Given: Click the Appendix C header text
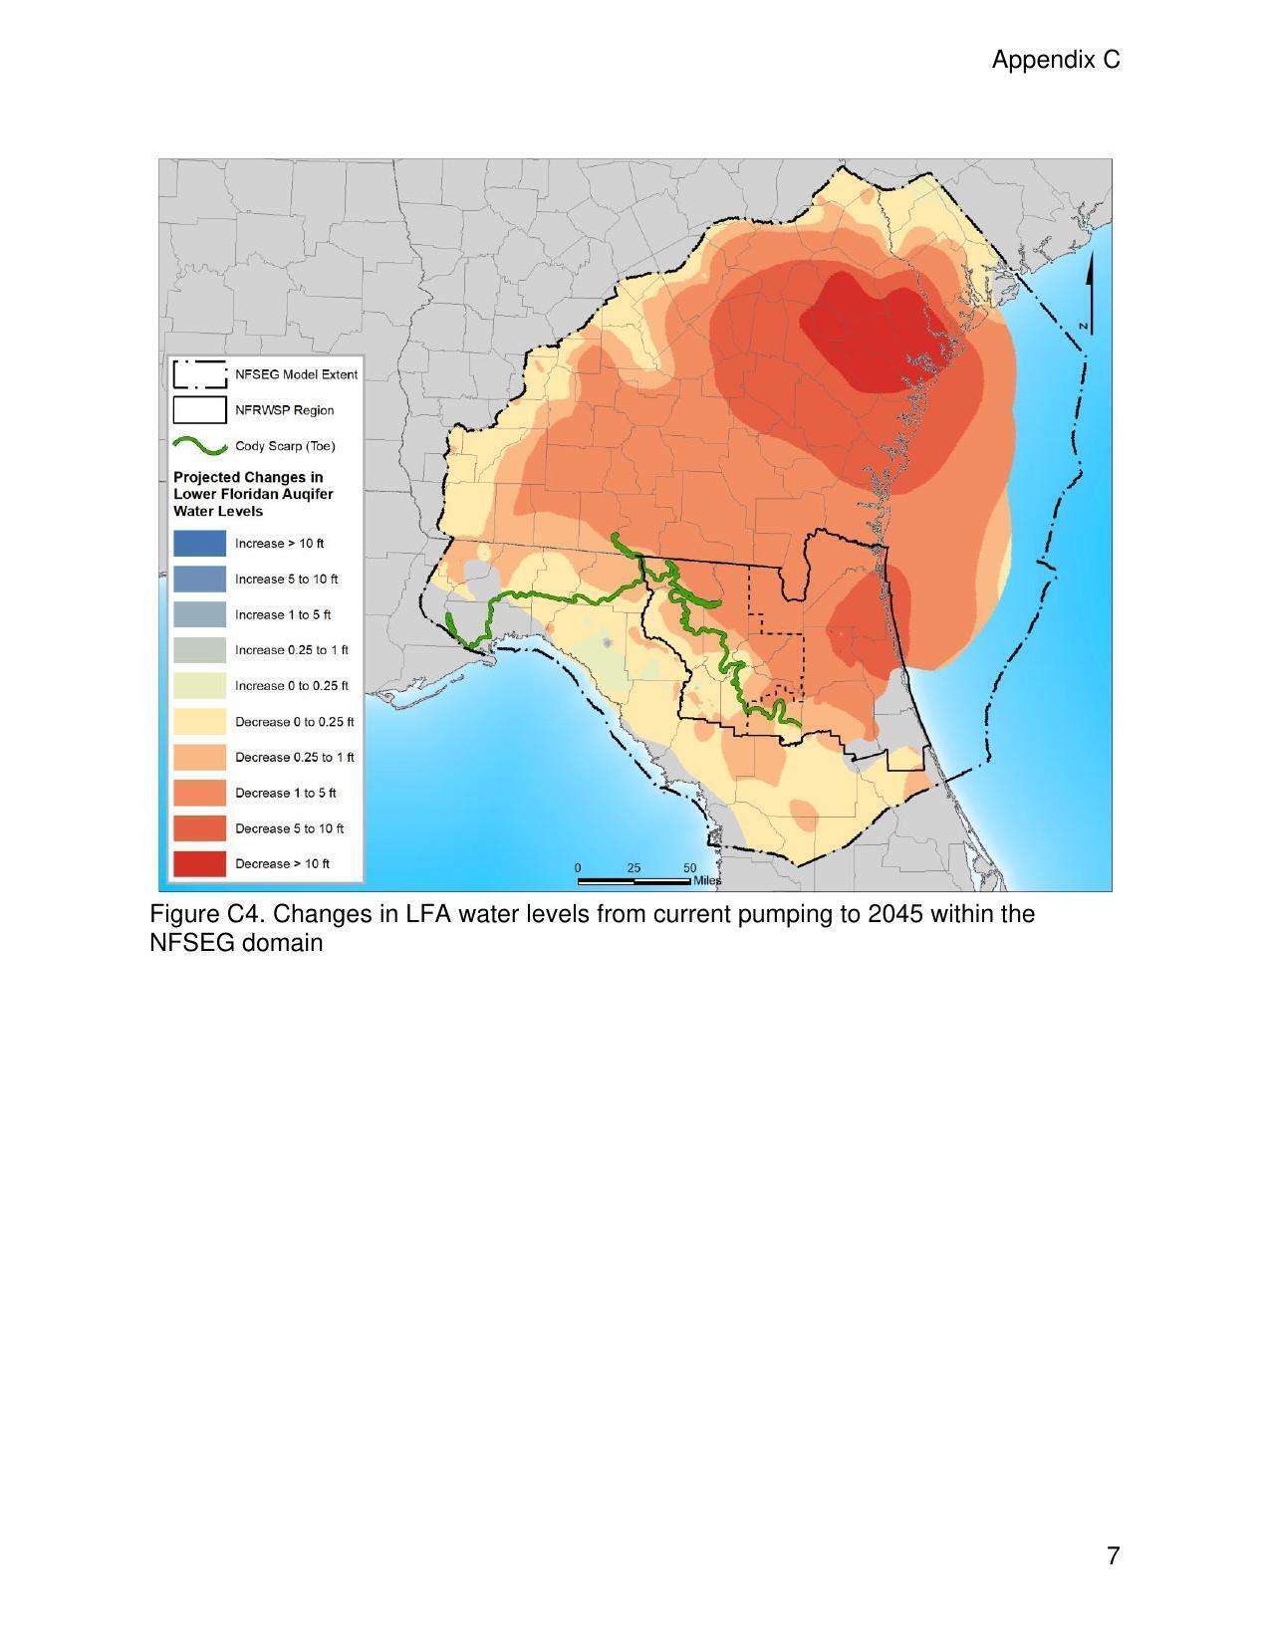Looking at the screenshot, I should click(1055, 60).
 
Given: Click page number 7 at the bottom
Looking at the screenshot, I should click(1113, 1555).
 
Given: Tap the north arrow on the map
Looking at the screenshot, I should click(1089, 294).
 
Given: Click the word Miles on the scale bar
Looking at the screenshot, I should click(707, 880).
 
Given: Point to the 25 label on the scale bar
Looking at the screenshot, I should click(635, 867).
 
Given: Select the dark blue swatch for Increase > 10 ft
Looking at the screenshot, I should click(199, 543).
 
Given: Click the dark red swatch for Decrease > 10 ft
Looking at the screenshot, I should click(199, 863).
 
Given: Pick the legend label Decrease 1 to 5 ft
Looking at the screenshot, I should click(285, 793).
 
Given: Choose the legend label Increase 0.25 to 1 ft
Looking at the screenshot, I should click(291, 650).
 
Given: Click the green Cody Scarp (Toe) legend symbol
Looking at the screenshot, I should click(199, 445).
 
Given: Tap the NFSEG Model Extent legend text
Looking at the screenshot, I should click(296, 374).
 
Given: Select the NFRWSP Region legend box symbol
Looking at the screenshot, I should click(199, 409).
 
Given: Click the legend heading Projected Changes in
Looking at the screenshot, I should click(248, 477).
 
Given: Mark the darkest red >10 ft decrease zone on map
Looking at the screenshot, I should click(867, 339).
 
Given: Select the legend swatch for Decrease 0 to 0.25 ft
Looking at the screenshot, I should click(199, 721).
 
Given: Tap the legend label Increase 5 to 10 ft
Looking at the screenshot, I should click(286, 579).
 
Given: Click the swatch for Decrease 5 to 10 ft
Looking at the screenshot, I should click(199, 827).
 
